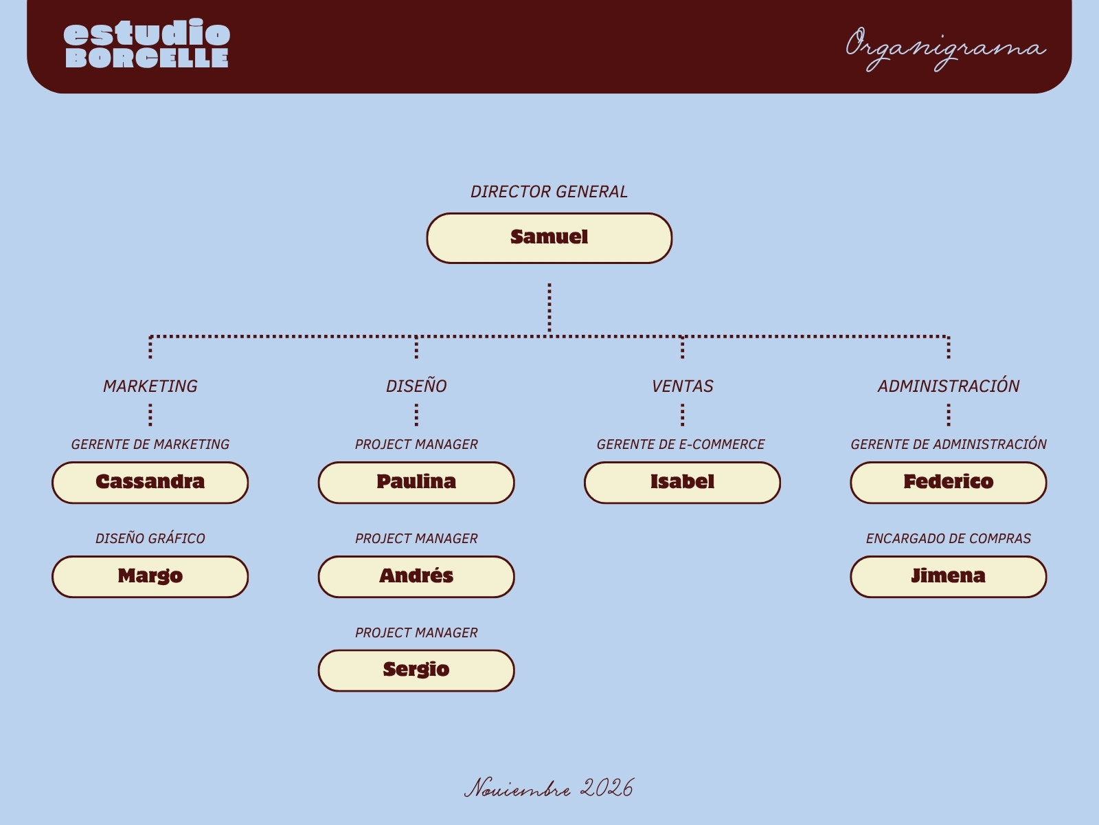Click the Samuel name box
pyautogui.click(x=549, y=238)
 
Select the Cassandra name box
pyautogui.click(x=150, y=483)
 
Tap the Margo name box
pyautogui.click(x=150, y=577)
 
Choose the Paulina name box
pyautogui.click(x=416, y=483)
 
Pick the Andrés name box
pyautogui.click(x=416, y=577)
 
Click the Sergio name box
pyautogui.click(x=416, y=671)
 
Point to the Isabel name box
pyautogui.click(x=683, y=483)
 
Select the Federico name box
pyautogui.click(x=949, y=483)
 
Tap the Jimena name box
pyautogui.click(x=949, y=577)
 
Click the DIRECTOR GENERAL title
pyautogui.click(x=549, y=192)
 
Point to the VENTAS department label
pyautogui.click(x=683, y=386)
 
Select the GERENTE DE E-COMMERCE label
pyautogui.click(x=681, y=444)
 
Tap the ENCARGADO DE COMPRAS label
pyautogui.click(x=949, y=538)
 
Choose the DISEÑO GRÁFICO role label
pyautogui.click(x=150, y=538)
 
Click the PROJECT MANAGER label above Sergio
pyautogui.click(x=416, y=632)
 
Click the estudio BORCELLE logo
pyautogui.click(x=147, y=43)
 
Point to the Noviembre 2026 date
pyautogui.click(x=549, y=788)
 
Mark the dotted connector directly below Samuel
pyautogui.click(x=549, y=307)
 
